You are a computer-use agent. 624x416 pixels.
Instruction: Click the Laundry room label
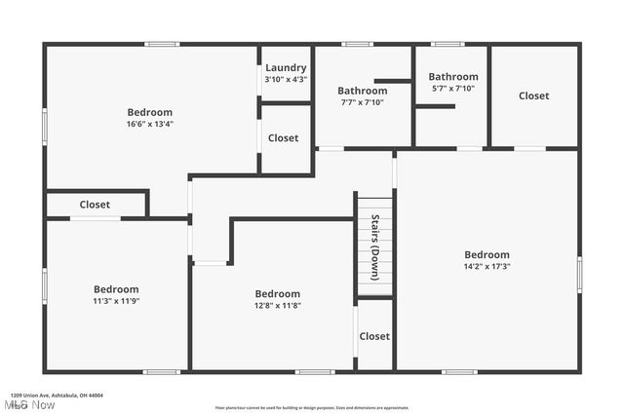pyautogui.click(x=286, y=67)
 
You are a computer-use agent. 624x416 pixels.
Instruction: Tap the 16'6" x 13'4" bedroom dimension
pyautogui.click(x=149, y=124)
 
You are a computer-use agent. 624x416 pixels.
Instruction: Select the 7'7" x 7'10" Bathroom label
pyautogui.click(x=362, y=91)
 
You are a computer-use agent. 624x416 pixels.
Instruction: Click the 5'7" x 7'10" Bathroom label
pyautogui.click(x=453, y=77)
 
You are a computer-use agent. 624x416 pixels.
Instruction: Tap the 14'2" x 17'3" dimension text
pyautogui.click(x=487, y=266)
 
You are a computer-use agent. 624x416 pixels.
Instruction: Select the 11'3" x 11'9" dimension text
pyautogui.click(x=116, y=301)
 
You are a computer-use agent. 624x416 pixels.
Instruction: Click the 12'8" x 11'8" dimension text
pyautogui.click(x=278, y=306)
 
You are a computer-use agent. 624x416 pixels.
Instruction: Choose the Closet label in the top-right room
pyautogui.click(x=533, y=95)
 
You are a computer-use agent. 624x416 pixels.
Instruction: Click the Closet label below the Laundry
pyautogui.click(x=284, y=138)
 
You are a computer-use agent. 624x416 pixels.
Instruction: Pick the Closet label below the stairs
pyautogui.click(x=374, y=336)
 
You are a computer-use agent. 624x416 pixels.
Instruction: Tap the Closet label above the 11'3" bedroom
pyautogui.click(x=95, y=205)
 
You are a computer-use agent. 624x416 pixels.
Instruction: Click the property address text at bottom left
pyautogui.click(x=57, y=396)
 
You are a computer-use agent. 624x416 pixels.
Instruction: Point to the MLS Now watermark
pyautogui.click(x=29, y=405)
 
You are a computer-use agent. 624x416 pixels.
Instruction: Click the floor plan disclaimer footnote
pyautogui.click(x=312, y=407)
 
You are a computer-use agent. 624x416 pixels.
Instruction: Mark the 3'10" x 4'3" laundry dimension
pyautogui.click(x=286, y=79)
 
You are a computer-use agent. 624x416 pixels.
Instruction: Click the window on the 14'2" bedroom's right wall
pyautogui.click(x=579, y=274)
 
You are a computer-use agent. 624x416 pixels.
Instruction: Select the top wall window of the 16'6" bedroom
pyautogui.click(x=162, y=44)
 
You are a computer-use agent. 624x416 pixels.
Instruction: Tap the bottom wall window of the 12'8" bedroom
pyautogui.click(x=315, y=371)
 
